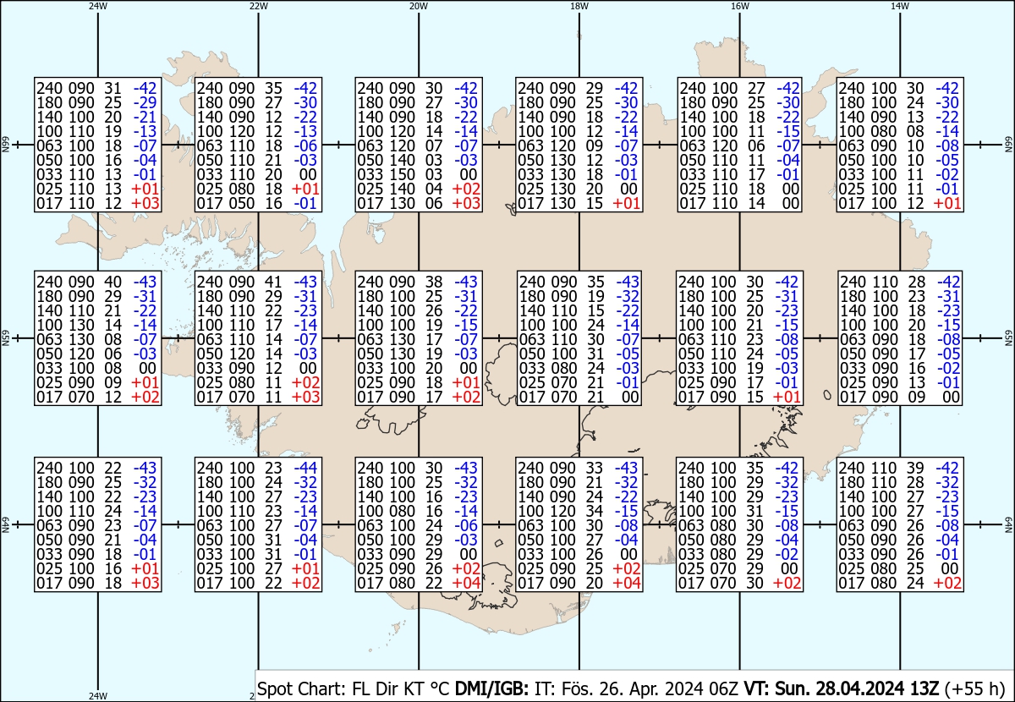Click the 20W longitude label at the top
click(419, 7)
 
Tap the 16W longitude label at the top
click(740, 7)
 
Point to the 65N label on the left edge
click(5, 338)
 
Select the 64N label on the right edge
click(1008, 524)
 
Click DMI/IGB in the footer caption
click(491, 688)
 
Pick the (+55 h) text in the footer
click(974, 688)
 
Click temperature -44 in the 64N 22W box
click(306, 468)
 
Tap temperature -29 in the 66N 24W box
click(145, 102)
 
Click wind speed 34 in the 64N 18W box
click(594, 511)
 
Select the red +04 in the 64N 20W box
click(466, 584)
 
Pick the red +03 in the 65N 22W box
click(306, 397)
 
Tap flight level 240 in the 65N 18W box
click(531, 282)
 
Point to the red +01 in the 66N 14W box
click(947, 204)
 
